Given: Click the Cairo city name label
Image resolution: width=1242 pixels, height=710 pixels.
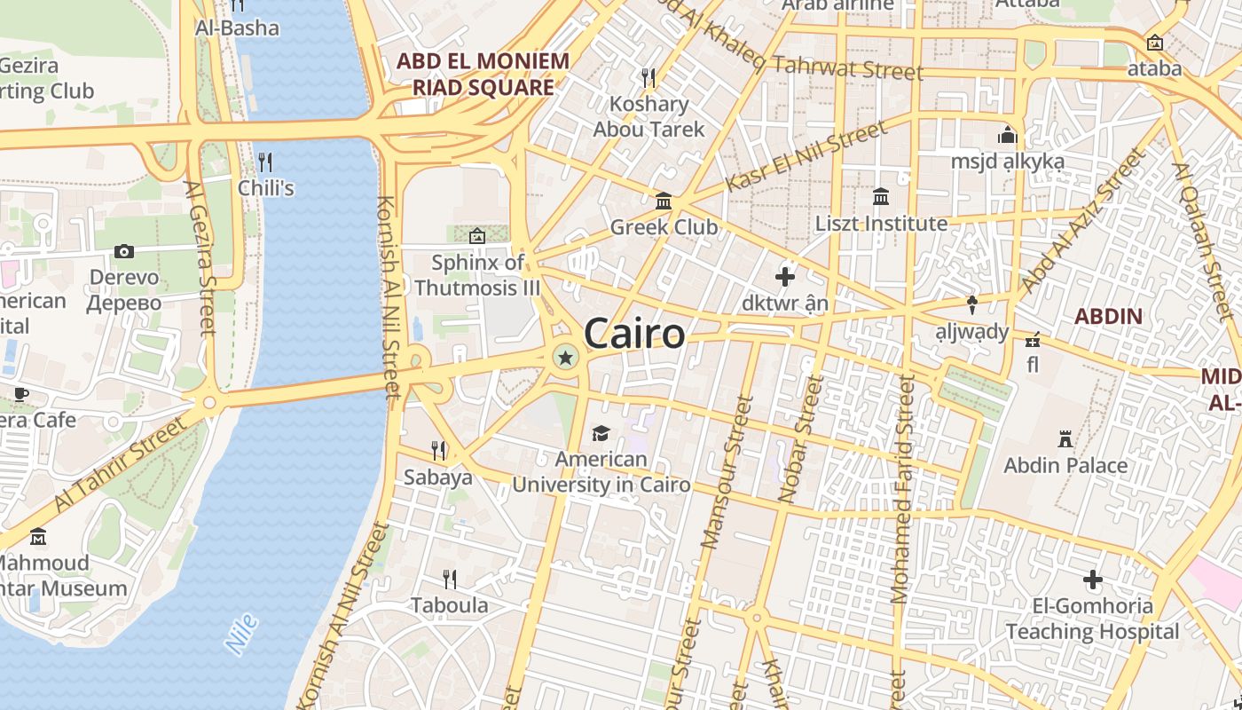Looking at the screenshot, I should pyautogui.click(x=634, y=335).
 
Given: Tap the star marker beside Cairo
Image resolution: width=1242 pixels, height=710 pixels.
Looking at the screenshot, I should pyautogui.click(x=564, y=358).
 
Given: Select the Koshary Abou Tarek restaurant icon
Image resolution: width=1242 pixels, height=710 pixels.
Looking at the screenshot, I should pyautogui.click(x=649, y=78).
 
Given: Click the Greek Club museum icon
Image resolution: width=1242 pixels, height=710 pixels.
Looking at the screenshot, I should pyautogui.click(x=664, y=201).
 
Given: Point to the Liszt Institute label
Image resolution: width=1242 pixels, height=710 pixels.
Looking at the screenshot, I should pyautogui.click(x=881, y=224).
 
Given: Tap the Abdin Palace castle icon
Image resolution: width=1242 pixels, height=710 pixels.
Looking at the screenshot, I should pyautogui.click(x=1065, y=438).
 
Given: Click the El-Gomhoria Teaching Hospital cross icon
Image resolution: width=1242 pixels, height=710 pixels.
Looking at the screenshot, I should pyautogui.click(x=1092, y=580).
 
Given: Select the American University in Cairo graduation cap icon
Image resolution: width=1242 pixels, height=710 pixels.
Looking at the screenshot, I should pyautogui.click(x=601, y=433).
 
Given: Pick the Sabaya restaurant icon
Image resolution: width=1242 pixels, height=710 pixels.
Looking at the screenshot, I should pyautogui.click(x=438, y=450).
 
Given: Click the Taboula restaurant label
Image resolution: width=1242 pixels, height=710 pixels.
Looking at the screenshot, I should pyautogui.click(x=449, y=605).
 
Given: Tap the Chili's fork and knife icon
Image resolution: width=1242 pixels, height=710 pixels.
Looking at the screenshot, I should pyautogui.click(x=264, y=162).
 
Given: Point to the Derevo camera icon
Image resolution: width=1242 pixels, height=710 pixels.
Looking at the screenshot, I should pyautogui.click(x=124, y=251).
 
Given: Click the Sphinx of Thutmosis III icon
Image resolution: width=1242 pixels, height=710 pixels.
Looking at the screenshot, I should pyautogui.click(x=477, y=236).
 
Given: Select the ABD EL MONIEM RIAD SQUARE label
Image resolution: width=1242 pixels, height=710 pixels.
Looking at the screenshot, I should pyautogui.click(x=483, y=75).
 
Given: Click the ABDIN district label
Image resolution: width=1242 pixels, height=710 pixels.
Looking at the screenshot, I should pyautogui.click(x=1108, y=316).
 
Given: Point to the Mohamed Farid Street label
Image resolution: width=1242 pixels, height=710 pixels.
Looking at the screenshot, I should pyautogui.click(x=901, y=488).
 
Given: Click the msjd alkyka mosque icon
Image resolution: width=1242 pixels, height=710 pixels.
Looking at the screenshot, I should pyautogui.click(x=1007, y=136).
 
